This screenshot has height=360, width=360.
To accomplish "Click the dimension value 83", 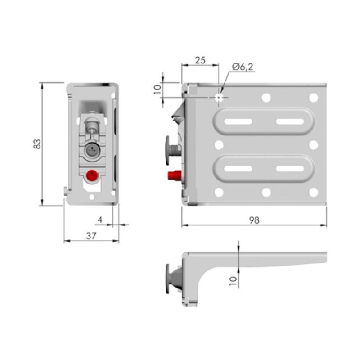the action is [37, 144].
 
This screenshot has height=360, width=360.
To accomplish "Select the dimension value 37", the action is [91, 236].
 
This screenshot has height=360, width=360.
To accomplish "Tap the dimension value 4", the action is [100, 220].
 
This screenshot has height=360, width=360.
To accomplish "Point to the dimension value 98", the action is [254, 220].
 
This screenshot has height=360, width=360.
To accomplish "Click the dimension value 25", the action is [200, 60].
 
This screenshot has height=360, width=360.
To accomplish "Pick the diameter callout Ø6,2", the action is [243, 67].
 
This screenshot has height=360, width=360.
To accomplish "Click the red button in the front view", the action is [92, 175].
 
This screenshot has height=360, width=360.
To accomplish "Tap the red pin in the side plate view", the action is [175, 175].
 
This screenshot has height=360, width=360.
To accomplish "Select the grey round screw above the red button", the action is [92, 150].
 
